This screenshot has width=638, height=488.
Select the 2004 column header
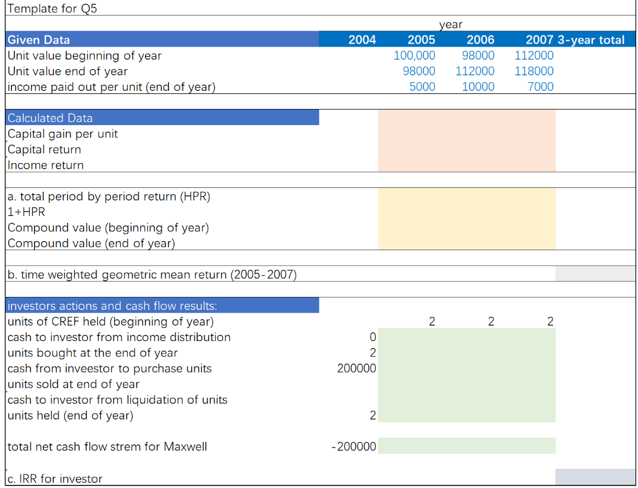pos(362,40)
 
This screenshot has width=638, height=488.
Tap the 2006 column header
pos(480,40)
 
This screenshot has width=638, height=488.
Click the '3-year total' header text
pos(591,40)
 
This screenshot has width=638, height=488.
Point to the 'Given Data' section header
pos(39,40)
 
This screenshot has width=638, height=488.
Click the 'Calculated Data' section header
pos(50,118)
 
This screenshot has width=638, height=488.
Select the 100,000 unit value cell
pos(415,55)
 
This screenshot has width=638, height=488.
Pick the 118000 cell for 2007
pos(534,71)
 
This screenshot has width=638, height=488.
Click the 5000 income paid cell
pos(422,87)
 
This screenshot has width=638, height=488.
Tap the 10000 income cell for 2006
pos(478,87)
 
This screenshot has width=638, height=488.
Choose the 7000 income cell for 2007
pos(540,87)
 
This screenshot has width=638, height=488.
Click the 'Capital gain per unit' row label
pos(62,134)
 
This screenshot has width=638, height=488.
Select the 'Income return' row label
pos(45,165)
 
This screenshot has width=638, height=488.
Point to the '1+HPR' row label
pos(26,212)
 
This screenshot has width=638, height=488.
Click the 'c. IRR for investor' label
pos(55,479)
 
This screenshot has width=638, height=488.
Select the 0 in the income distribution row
pos(373,337)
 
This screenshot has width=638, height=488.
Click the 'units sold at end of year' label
pos(74,384)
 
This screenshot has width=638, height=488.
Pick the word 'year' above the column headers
pos(450,24)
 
